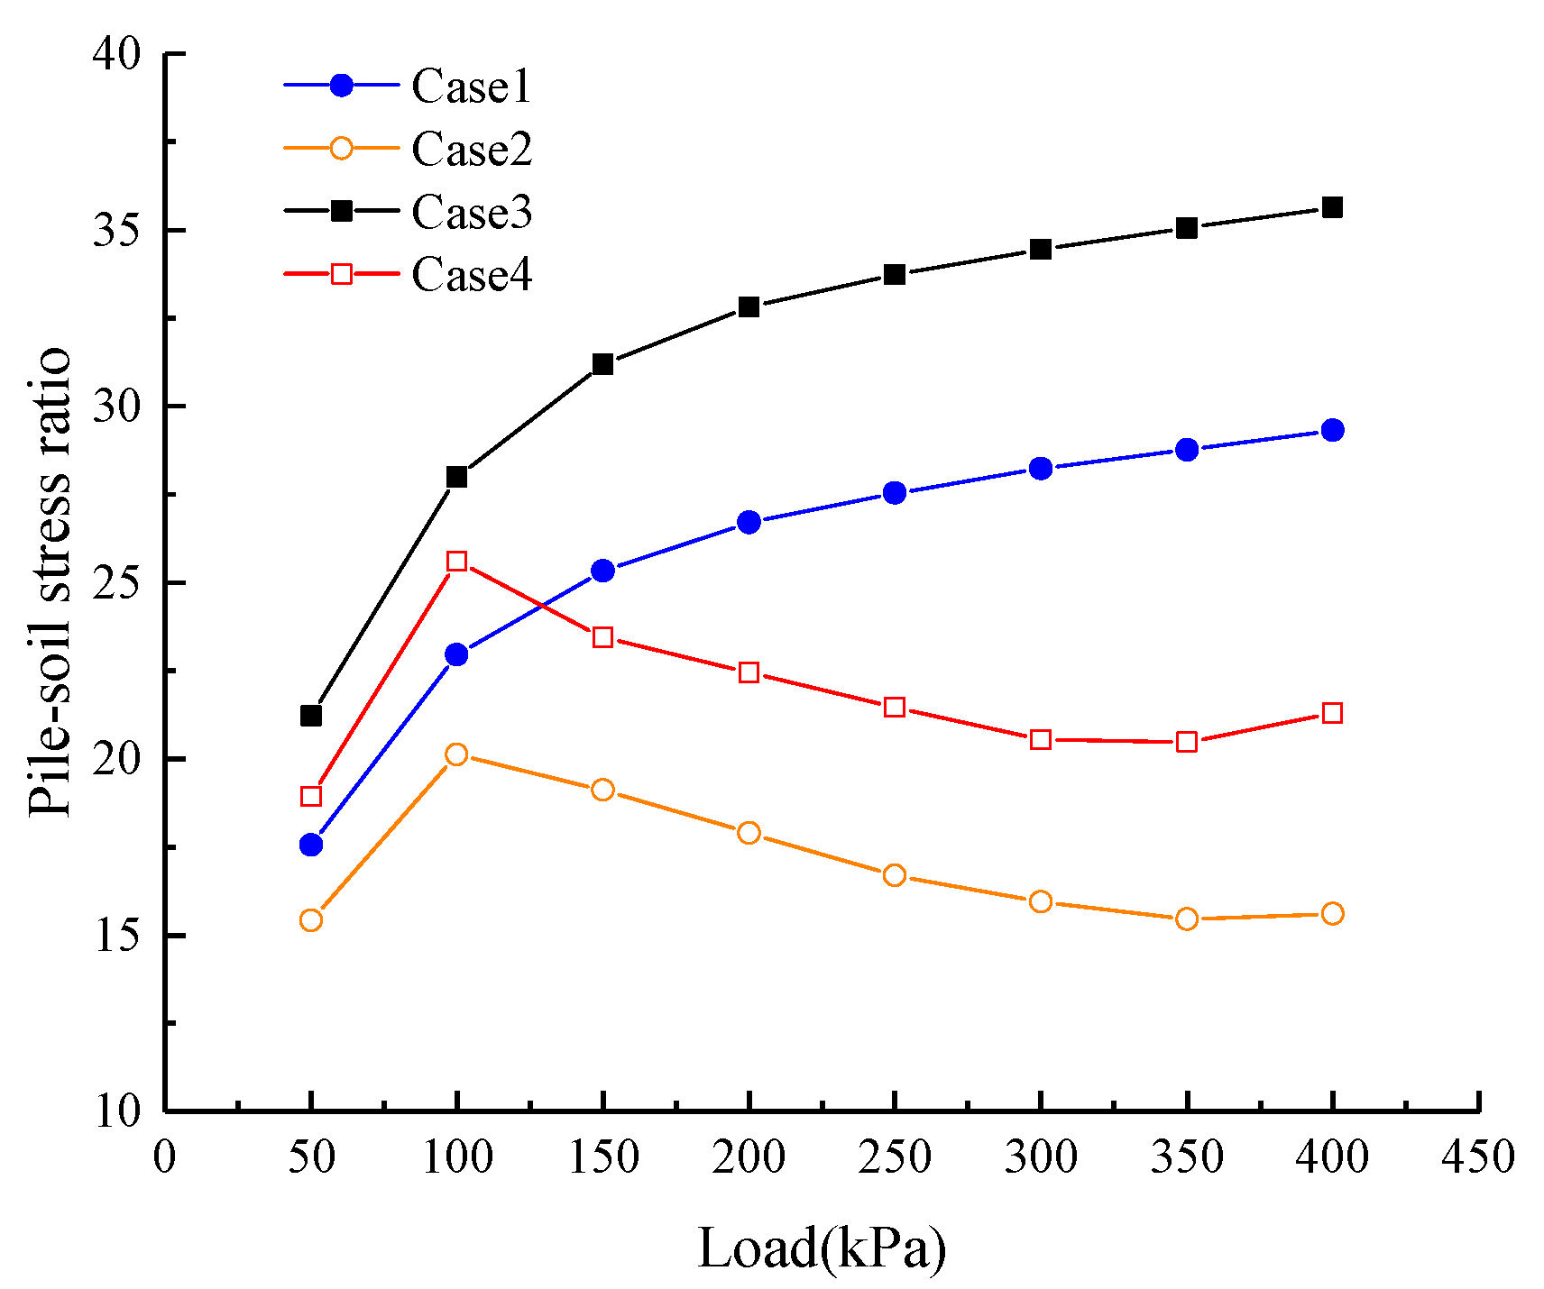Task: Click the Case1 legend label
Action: coord(471,87)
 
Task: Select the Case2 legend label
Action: coord(471,150)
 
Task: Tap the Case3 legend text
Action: coord(471,213)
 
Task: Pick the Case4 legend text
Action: coord(471,275)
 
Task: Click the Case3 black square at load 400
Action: coord(1332,207)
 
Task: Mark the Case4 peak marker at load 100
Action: coord(457,561)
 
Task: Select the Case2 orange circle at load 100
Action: coord(457,754)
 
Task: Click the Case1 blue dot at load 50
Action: coord(311,845)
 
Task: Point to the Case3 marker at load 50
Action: coord(311,716)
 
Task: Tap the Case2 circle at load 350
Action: coord(1187,919)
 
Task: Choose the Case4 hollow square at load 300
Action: coord(1041,739)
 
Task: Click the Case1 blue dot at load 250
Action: coord(895,492)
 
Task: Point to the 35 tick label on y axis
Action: coord(117,231)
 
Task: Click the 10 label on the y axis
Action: coord(117,1111)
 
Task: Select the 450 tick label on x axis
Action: coord(1477,1156)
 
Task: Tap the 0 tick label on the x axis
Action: coord(165,1156)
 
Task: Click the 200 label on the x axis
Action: coord(749,1156)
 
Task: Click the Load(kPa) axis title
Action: coord(822,1248)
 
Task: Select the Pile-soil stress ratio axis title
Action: coord(50,581)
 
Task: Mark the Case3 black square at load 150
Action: coord(602,364)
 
